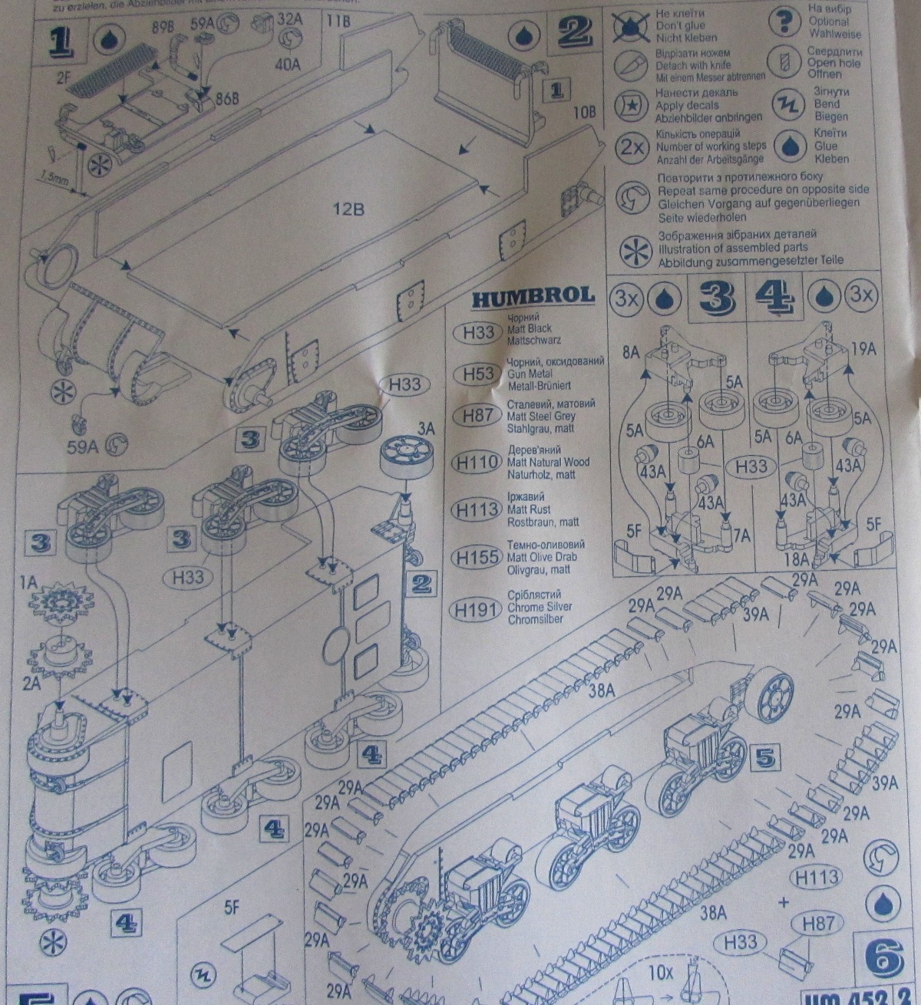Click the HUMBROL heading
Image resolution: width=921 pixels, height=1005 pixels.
tap(533, 295)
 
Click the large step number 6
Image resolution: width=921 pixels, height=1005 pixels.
tap(883, 956)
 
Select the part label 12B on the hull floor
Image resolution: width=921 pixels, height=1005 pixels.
tap(347, 208)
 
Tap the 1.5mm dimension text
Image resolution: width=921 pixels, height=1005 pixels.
tap(55, 179)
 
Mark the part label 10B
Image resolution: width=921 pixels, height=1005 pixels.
tap(584, 111)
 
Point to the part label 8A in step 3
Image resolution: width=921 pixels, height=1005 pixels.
tap(631, 353)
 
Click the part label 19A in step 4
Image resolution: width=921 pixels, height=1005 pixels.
tap(863, 349)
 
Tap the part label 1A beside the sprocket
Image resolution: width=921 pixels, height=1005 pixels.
tap(29, 583)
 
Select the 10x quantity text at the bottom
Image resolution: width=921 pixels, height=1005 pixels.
tap(659, 972)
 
